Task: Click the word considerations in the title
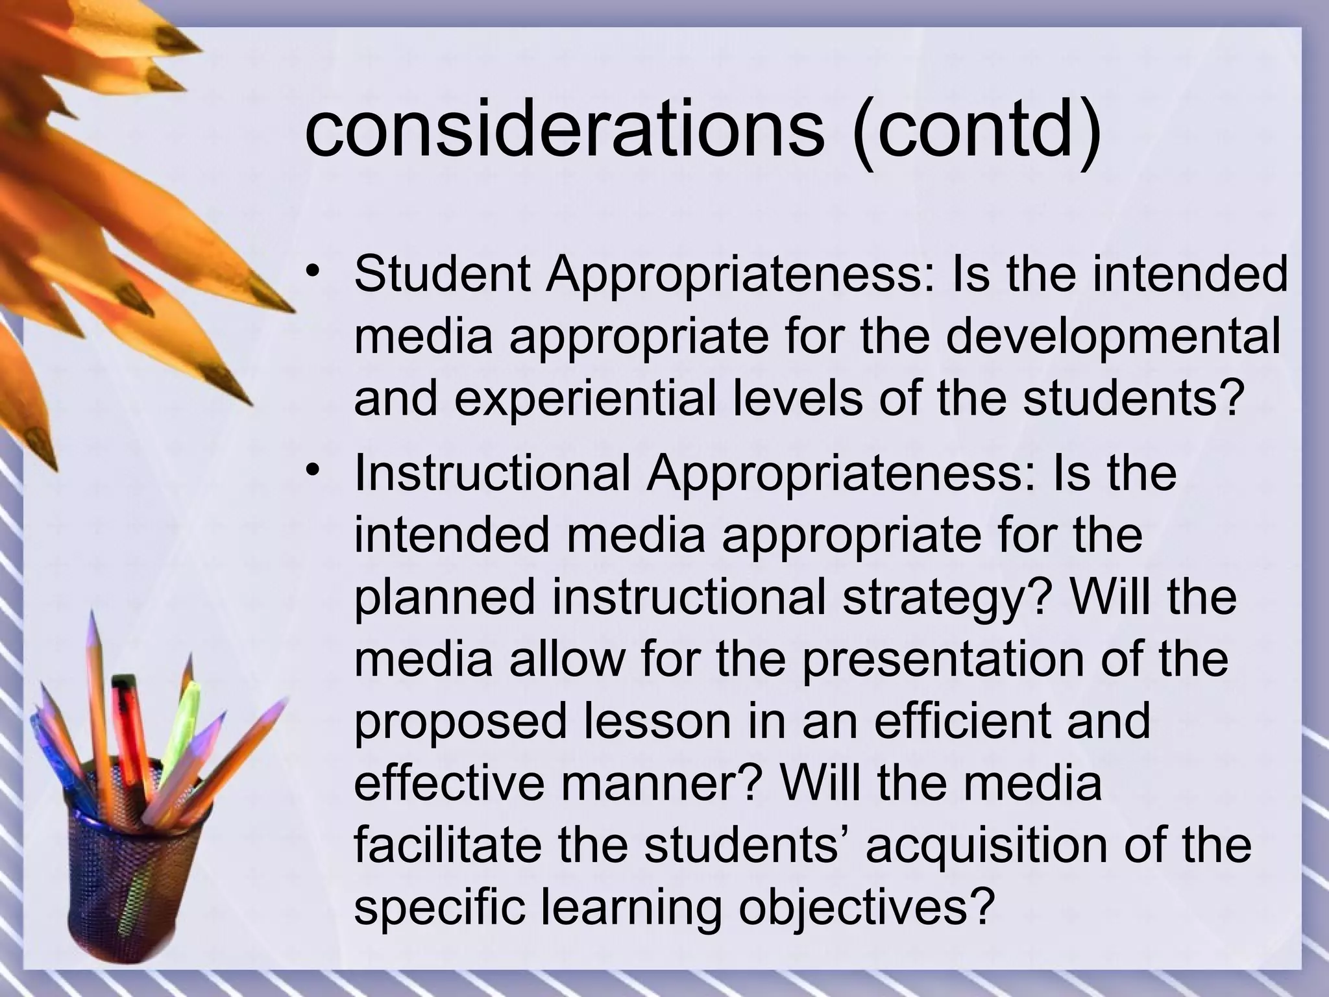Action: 562,130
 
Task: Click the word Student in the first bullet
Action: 441,275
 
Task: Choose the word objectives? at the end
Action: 866,907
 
